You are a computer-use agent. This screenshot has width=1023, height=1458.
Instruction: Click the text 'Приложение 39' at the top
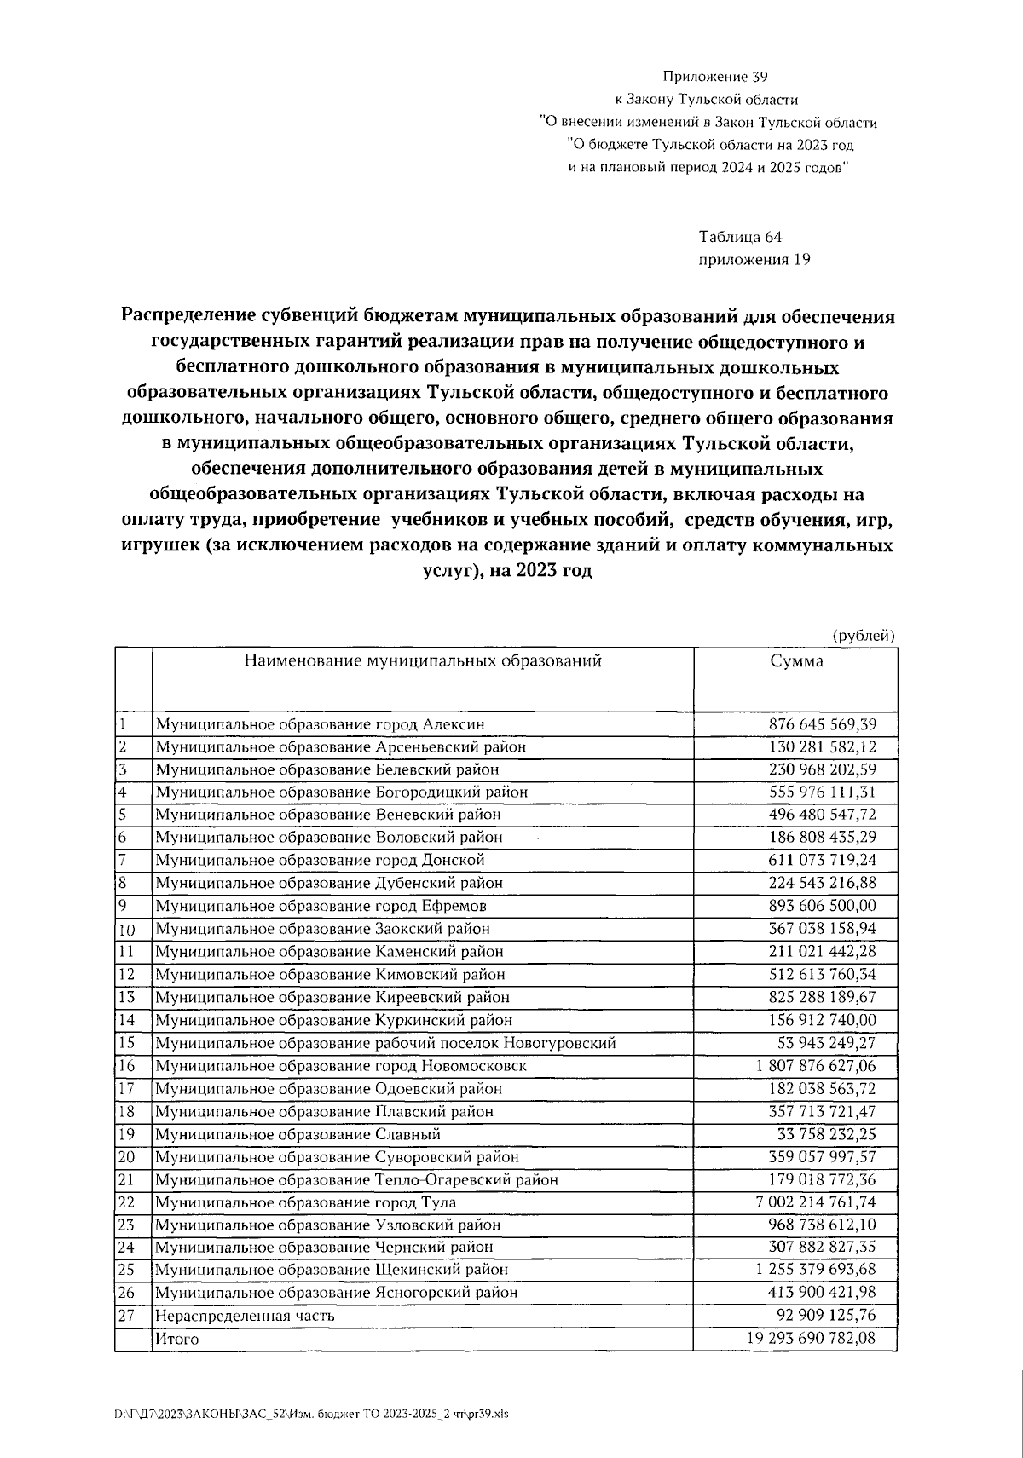pyautogui.click(x=709, y=77)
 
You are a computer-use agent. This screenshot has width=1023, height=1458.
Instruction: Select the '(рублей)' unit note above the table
pyautogui.click(x=864, y=635)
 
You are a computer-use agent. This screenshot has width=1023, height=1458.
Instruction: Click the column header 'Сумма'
pyautogui.click(x=796, y=661)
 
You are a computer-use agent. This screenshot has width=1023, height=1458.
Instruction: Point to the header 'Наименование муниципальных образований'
pyautogui.click(x=423, y=660)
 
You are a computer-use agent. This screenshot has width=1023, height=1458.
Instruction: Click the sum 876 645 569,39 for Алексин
pyautogui.click(x=823, y=724)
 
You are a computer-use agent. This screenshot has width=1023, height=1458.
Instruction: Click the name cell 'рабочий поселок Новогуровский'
pyautogui.click(x=385, y=1043)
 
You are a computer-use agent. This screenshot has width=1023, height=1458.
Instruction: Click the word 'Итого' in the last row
pyautogui.click(x=176, y=1339)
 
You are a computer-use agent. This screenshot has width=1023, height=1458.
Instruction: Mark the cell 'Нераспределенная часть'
pyautogui.click(x=245, y=1316)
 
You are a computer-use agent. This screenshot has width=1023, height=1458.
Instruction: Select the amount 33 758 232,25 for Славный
pyautogui.click(x=826, y=1134)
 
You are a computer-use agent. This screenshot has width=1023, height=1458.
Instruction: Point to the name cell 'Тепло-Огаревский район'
pyautogui.click(x=356, y=1180)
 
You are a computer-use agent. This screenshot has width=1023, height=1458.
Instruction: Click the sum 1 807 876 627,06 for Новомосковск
pyautogui.click(x=816, y=1066)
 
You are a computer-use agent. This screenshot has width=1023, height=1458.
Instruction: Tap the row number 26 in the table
pyautogui.click(x=127, y=1293)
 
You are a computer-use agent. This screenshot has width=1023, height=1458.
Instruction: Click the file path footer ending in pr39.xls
pyautogui.click(x=311, y=1414)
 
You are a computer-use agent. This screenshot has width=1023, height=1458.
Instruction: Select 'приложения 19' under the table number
pyautogui.click(x=754, y=260)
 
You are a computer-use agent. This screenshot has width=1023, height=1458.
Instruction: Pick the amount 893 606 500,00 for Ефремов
pyautogui.click(x=823, y=906)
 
